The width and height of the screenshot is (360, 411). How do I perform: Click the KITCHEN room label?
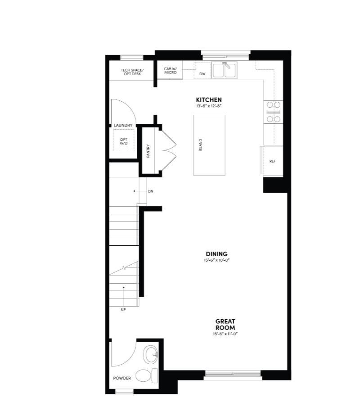tap(208, 99)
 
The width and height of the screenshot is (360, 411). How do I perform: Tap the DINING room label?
tap(216, 254)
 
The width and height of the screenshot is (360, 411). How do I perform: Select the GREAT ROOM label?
tap(225, 325)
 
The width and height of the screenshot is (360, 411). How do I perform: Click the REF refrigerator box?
tap(272, 161)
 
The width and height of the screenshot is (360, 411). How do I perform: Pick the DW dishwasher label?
tap(202, 73)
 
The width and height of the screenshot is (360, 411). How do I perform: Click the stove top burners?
tap(273, 112)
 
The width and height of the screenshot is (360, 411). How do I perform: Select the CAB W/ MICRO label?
tap(170, 71)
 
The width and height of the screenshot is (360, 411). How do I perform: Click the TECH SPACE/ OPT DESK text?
tap(131, 72)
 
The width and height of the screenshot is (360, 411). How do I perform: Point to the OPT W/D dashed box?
tap(123, 140)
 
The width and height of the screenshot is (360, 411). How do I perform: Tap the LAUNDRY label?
tap(123, 126)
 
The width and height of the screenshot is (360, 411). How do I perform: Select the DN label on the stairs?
tap(151, 191)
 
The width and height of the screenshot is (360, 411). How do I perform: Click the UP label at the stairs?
tap(123, 310)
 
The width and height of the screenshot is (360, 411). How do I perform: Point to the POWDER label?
tap(122, 378)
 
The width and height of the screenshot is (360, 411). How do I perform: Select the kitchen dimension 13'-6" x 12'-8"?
tap(208, 106)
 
